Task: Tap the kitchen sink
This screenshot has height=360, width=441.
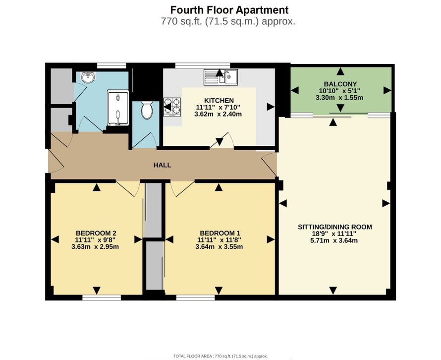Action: click(221, 77)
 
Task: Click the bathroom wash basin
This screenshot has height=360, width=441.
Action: click(88, 78)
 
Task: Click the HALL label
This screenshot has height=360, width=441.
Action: click(162, 165)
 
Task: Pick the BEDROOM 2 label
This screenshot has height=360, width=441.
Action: click(96, 233)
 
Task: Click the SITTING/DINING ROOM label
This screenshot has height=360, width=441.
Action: click(334, 227)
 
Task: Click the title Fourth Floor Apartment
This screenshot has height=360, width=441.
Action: click(229, 10)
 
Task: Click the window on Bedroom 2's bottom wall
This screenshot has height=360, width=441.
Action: click(102, 298)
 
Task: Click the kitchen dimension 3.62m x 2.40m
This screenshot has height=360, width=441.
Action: click(218, 115)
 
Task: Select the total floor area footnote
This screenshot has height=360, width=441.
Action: click(220, 356)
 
